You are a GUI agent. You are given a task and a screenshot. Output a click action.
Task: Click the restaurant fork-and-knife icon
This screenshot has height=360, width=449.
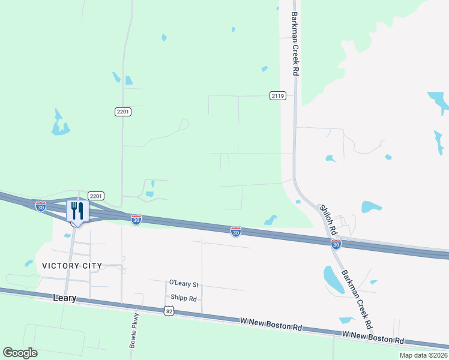coord(77,211)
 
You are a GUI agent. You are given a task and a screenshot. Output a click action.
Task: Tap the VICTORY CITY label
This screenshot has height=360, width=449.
coord(72,265)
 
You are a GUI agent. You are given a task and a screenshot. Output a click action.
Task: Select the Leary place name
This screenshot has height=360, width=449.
coord(65,298)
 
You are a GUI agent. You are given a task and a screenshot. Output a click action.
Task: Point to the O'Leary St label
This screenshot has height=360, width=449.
coord(184,283)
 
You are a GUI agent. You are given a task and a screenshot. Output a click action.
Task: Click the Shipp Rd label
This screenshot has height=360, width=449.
coord(184,298)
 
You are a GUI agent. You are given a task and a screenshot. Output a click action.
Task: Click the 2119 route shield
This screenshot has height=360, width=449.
coord(277,95)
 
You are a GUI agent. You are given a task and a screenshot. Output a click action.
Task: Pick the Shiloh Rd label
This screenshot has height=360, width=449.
coord(329,218)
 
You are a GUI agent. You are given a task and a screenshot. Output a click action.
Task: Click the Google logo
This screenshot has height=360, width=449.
coord(20,353)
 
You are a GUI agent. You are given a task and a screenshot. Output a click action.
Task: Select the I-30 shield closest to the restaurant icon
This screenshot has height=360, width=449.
coord(41,206)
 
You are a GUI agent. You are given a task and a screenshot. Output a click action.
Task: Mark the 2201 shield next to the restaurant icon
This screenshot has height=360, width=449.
coord(96,196)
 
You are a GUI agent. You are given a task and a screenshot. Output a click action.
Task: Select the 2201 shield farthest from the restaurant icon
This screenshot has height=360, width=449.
coord(122,112)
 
